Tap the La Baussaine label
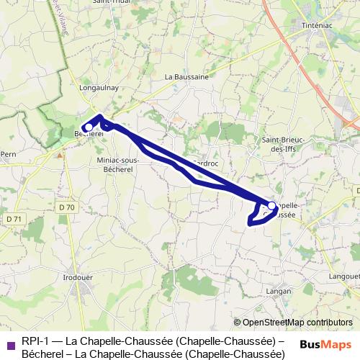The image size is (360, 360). pos(186,76)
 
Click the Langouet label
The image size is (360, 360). pos(344,276)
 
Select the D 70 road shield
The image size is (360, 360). pos(67,207)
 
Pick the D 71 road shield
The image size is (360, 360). pos(12,219)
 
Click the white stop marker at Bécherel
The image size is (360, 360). pos(88,127)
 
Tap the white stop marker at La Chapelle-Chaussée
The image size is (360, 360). pos(272,205)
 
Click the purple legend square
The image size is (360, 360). pos(9,344)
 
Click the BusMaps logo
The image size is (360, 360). pos(327,344)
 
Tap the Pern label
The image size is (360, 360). pos(9,154)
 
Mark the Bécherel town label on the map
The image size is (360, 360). pos(90,134)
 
